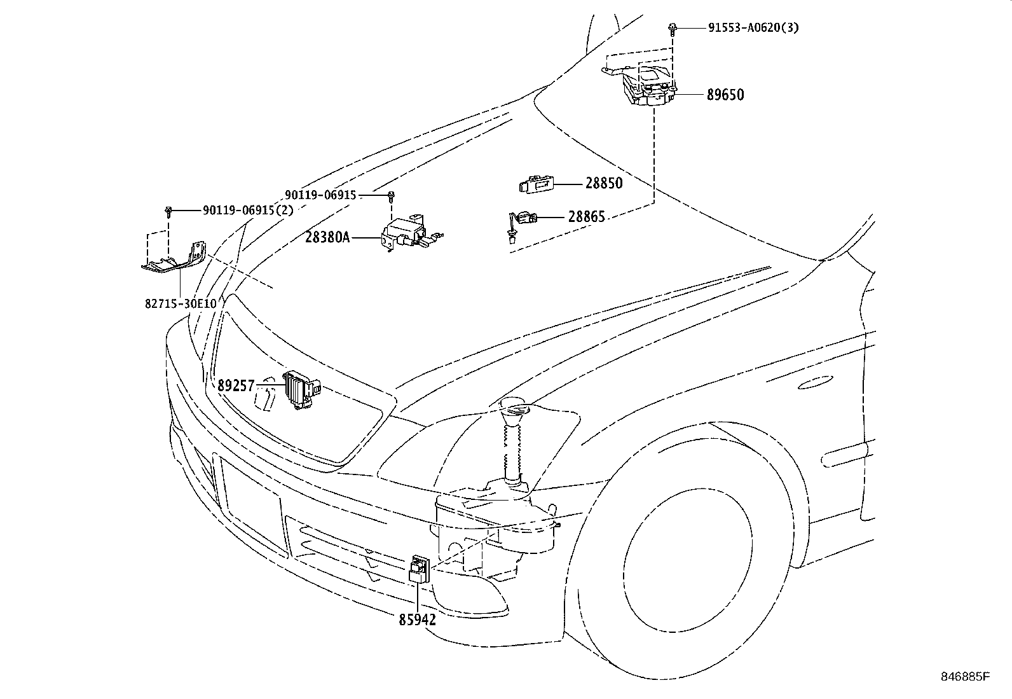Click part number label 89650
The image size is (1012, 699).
725,95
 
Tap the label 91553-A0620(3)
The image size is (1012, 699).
753,28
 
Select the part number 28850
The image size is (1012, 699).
604,183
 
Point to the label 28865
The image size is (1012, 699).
586,217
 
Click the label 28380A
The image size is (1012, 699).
327,237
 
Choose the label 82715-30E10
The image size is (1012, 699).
181,303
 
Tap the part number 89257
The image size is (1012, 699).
236,385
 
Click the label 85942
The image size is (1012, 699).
417,619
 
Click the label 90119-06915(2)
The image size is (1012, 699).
248,210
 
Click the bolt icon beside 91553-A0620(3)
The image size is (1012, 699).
672,27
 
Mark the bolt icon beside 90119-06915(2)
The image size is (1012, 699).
169,211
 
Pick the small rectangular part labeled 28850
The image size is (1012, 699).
536,184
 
